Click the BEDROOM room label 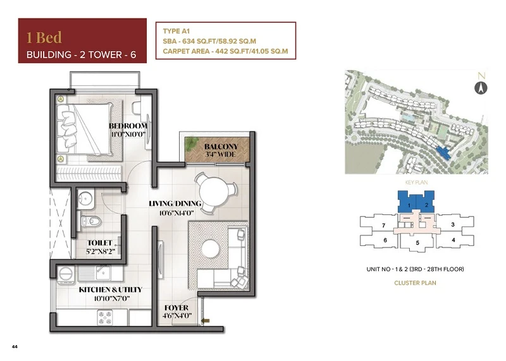[128, 126]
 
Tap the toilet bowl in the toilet [91, 221]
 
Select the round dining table [214, 193]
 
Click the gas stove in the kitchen [105, 317]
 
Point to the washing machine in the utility [67, 275]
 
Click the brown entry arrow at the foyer [205, 321]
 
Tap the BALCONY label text [221, 147]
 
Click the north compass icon [481, 88]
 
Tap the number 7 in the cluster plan [383, 226]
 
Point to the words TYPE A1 [176, 31]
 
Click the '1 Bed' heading [44, 37]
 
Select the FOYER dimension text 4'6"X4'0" [177, 315]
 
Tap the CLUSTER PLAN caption [415, 283]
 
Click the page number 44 [15, 347]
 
